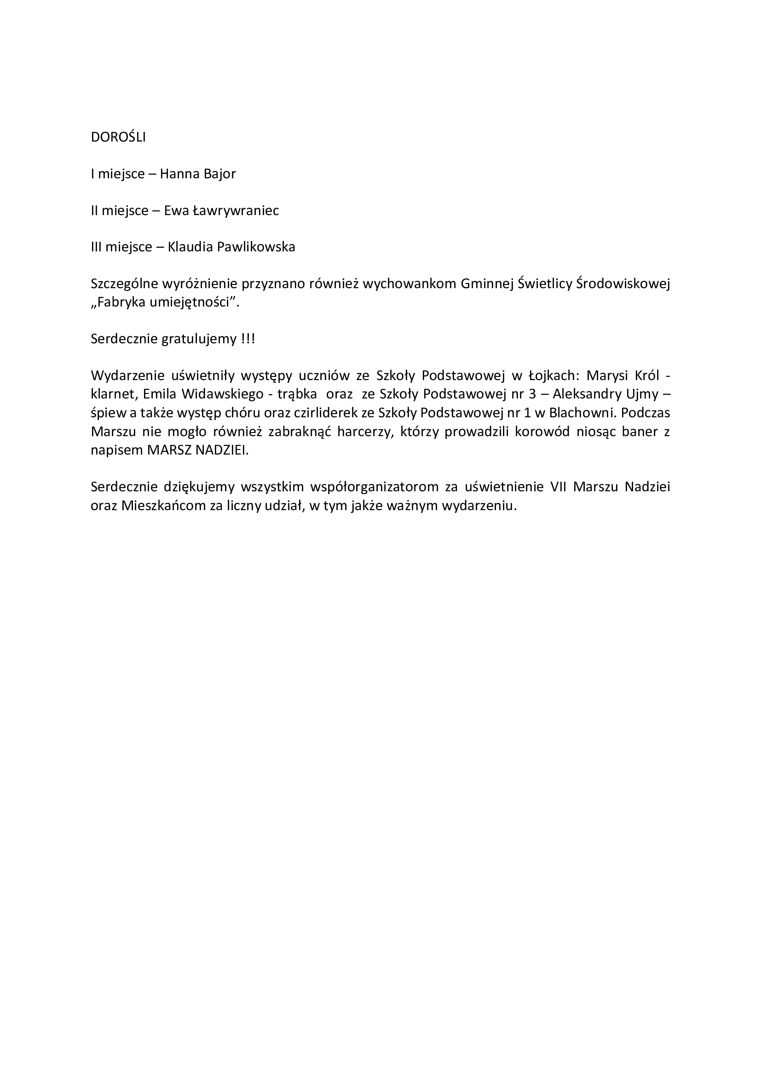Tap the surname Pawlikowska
coord(256,247)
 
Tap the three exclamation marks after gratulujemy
coord(248,339)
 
